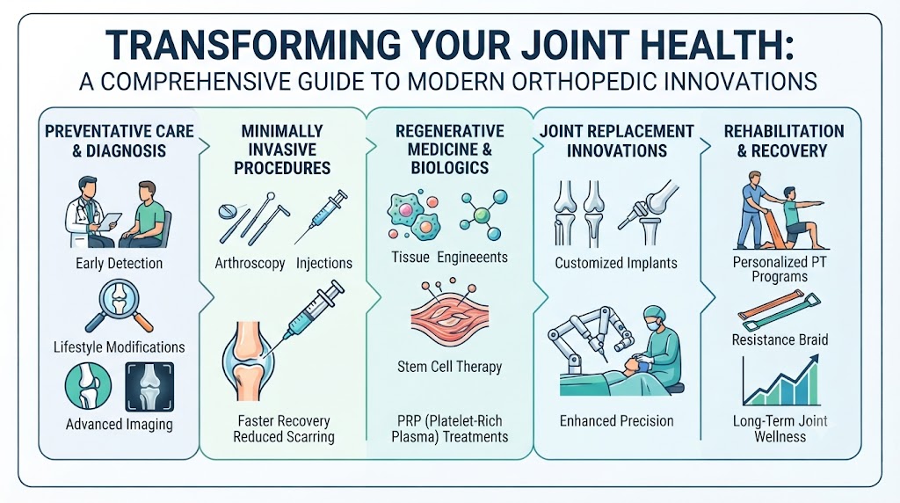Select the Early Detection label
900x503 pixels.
pos(120,264)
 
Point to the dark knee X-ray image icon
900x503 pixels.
pos(149,386)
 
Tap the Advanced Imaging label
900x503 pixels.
pos(120,425)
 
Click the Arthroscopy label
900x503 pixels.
pos(250,264)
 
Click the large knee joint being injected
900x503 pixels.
pos(249,361)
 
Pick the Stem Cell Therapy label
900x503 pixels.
pos(449,367)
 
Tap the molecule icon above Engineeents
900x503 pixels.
pos(483,215)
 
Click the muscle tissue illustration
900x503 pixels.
pos(450,317)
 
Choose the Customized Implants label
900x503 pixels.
pos(616,263)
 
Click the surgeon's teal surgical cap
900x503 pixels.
pos(654,313)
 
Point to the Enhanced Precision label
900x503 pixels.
pos(616,421)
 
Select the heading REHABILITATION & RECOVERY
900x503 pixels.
pos(783,141)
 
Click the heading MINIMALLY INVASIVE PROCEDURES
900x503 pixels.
pos(282,149)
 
